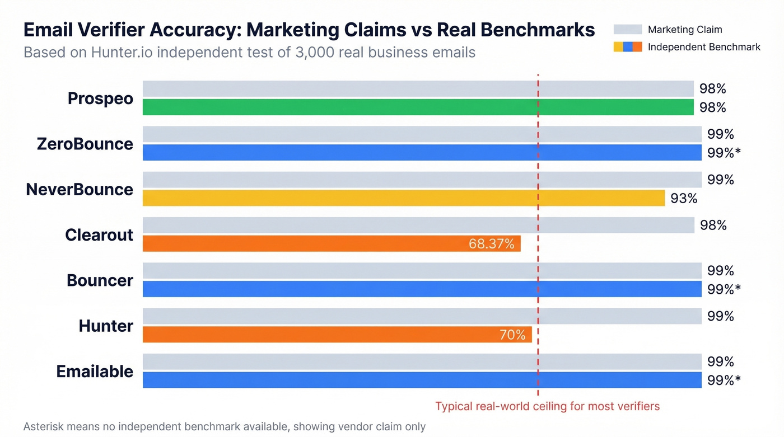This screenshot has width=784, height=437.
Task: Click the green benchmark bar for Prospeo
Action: point(418,107)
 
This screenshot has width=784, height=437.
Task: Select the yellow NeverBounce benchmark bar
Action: point(403,198)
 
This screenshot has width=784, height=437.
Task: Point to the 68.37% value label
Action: point(491,244)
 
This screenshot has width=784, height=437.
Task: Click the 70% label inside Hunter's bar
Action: point(512,335)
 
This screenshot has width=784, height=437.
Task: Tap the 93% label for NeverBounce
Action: point(684,198)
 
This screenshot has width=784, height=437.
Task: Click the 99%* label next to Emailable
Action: point(724,380)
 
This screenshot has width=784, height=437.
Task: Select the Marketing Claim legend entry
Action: point(684,30)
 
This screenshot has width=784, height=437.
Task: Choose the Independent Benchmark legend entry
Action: point(703,47)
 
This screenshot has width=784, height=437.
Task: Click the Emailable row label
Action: point(95,372)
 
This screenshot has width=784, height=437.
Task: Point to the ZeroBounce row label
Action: point(85,144)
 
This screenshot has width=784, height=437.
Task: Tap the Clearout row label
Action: point(99,235)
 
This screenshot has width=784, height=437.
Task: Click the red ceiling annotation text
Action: point(547,406)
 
